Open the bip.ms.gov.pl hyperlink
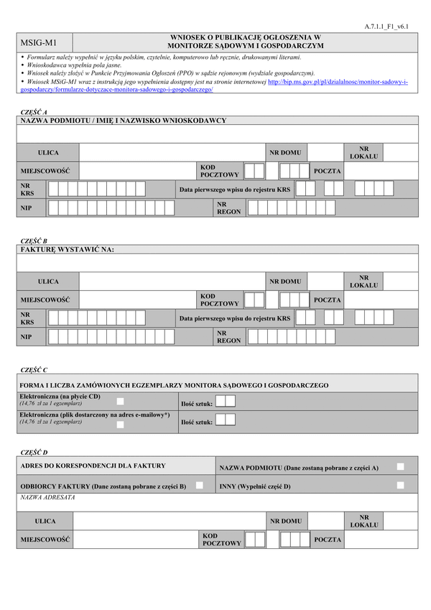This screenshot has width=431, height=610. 338,82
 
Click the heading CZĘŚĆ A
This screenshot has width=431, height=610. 34,113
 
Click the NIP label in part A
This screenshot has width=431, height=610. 27,208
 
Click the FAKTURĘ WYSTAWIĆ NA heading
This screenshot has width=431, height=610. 68,249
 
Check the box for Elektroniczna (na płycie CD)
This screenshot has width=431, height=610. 120,401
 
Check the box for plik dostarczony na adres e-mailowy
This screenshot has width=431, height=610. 120,425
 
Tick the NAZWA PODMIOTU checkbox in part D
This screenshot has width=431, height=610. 400,467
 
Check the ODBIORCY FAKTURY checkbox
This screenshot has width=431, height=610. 199,486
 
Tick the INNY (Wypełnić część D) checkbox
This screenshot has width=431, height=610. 400,486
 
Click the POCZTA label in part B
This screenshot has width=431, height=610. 328,300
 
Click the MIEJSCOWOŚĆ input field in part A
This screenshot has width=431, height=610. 137,171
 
